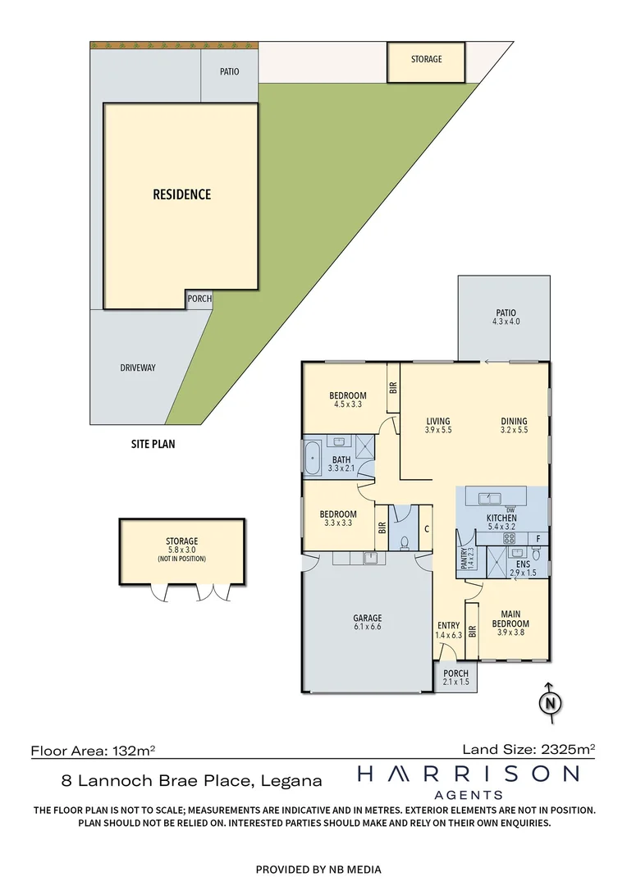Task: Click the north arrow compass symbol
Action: tap(551, 702)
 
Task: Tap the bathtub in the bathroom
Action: tap(313, 459)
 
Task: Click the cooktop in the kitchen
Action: tap(509, 539)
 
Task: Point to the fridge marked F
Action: tap(538, 539)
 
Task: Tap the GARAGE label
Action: tap(367, 619)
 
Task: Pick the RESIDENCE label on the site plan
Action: tap(181, 194)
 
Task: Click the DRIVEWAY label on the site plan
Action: tap(137, 368)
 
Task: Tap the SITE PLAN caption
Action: tap(153, 445)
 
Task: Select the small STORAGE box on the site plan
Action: tap(426, 60)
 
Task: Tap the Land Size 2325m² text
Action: tap(529, 748)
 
